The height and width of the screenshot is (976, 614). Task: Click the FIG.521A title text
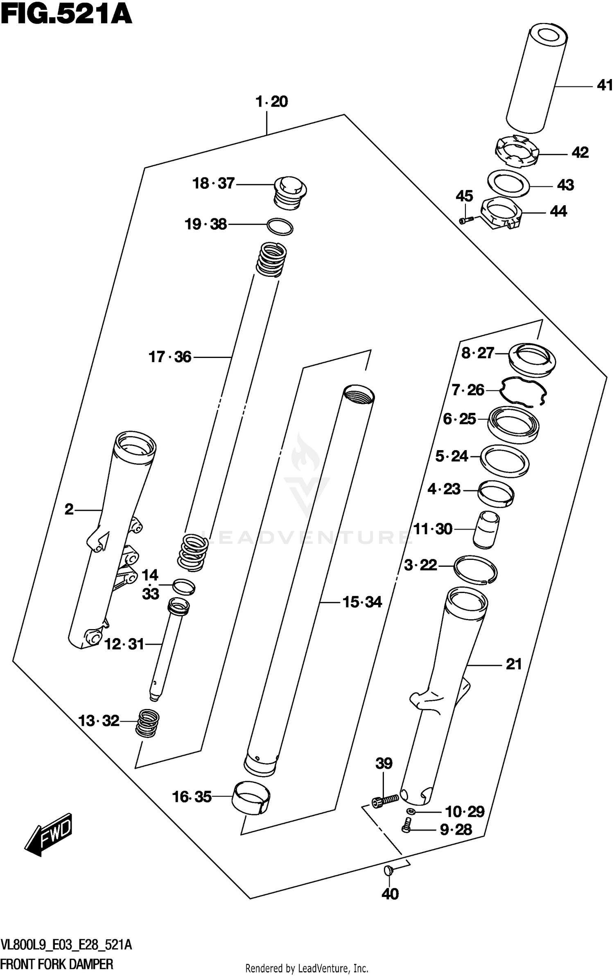click(x=67, y=15)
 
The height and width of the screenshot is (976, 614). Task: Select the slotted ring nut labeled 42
click(x=517, y=153)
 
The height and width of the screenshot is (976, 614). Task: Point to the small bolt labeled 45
click(x=466, y=220)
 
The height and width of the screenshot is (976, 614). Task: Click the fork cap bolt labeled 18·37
click(x=290, y=192)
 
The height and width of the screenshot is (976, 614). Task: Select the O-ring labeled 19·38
click(x=280, y=226)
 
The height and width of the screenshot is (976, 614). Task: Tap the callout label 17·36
click(x=169, y=357)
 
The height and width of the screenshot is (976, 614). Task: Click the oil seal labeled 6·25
click(x=513, y=424)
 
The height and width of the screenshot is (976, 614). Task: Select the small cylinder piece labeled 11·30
click(x=486, y=529)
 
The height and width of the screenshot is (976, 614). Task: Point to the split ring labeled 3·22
click(x=475, y=569)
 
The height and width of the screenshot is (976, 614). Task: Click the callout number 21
click(x=514, y=664)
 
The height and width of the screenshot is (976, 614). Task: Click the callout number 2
click(x=69, y=510)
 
